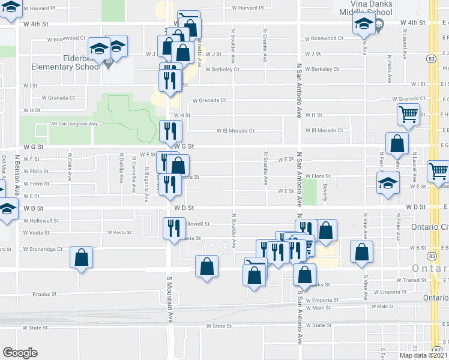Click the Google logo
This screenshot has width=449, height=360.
(20, 353)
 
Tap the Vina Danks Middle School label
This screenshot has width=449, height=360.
(365, 8)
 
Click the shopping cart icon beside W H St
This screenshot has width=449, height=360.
(409, 113)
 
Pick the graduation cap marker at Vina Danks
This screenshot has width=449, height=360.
(363, 25)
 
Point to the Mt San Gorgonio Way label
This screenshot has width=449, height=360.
(74, 124)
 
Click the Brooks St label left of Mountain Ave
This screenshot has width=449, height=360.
(44, 294)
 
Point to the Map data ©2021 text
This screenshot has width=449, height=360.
(422, 355)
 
